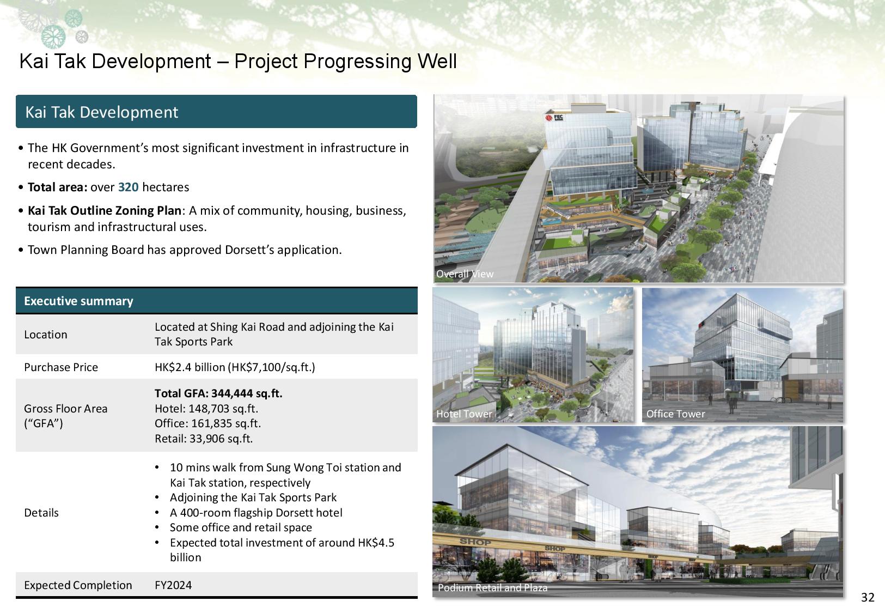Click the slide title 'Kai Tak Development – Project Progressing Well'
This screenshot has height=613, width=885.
pyautogui.click(x=238, y=62)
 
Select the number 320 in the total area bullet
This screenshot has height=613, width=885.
pyautogui.click(x=128, y=187)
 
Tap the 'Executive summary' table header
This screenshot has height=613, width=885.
pyautogui.click(x=78, y=301)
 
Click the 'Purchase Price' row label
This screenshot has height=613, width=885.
pyautogui.click(x=61, y=367)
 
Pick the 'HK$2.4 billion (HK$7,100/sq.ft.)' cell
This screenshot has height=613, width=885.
pyautogui.click(x=235, y=367)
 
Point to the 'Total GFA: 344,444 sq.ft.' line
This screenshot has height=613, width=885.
pyautogui.click(x=218, y=393)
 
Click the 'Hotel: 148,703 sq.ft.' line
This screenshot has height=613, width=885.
pyautogui.click(x=206, y=408)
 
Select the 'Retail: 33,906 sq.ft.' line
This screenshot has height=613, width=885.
pyautogui.click(x=204, y=438)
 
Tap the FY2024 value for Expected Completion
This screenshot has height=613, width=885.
pyautogui.click(x=173, y=585)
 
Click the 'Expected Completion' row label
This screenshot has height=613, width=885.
pyautogui.click(x=78, y=585)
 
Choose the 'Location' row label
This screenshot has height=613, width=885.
pyautogui.click(x=45, y=335)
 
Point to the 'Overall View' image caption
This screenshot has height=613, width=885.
pyautogui.click(x=465, y=274)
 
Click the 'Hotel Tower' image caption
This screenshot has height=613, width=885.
pyautogui.click(x=464, y=414)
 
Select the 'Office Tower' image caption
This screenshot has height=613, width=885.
pyautogui.click(x=675, y=414)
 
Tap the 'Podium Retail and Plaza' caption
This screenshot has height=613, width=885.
pyautogui.click(x=492, y=588)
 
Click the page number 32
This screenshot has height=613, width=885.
pyautogui.click(x=868, y=597)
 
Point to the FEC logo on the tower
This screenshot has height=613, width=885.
pyautogui.click(x=554, y=117)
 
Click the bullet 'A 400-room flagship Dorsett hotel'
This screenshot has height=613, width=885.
pyautogui.click(x=256, y=513)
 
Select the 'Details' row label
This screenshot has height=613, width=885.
pyautogui.click(x=41, y=513)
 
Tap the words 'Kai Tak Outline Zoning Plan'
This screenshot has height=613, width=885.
pyautogui.click(x=105, y=210)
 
